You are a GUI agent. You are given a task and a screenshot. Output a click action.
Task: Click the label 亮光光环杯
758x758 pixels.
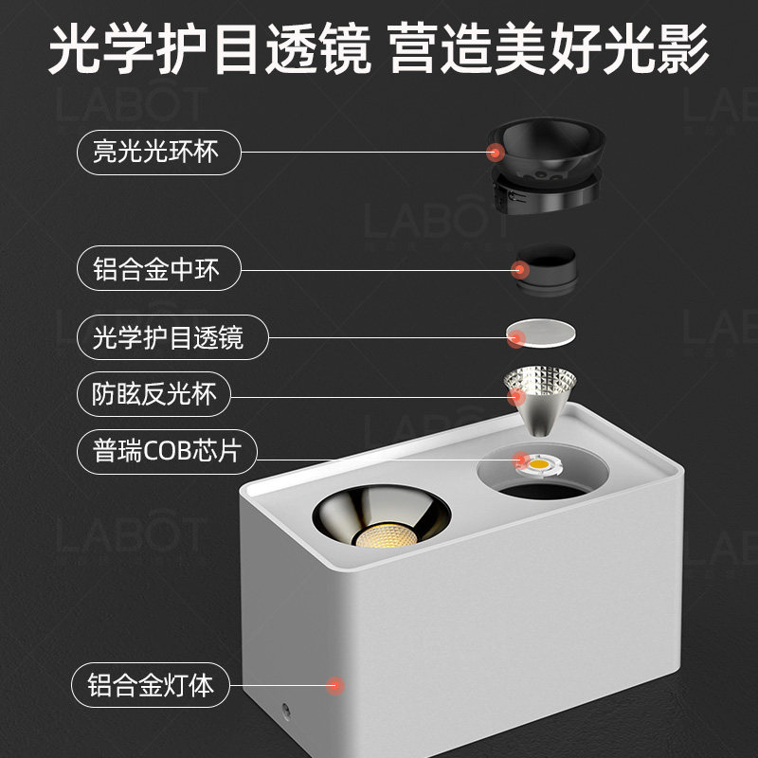(155, 152)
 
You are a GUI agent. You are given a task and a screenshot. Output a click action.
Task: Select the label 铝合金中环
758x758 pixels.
(156, 270)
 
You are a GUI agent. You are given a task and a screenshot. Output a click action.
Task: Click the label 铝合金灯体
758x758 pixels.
(152, 684)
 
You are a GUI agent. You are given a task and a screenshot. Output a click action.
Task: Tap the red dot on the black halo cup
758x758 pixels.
(494, 152)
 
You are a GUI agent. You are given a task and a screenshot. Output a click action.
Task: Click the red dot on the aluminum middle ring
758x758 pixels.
(518, 271)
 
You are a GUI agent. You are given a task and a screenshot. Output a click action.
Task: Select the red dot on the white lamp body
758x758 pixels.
(334, 683)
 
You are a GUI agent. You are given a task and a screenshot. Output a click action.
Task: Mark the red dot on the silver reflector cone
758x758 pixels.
(516, 393)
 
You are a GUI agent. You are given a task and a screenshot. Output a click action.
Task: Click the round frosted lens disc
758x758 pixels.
(541, 334)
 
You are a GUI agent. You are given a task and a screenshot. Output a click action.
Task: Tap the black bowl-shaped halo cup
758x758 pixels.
(548, 152)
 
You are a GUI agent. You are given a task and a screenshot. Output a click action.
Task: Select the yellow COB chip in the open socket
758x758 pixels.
(543, 464)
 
